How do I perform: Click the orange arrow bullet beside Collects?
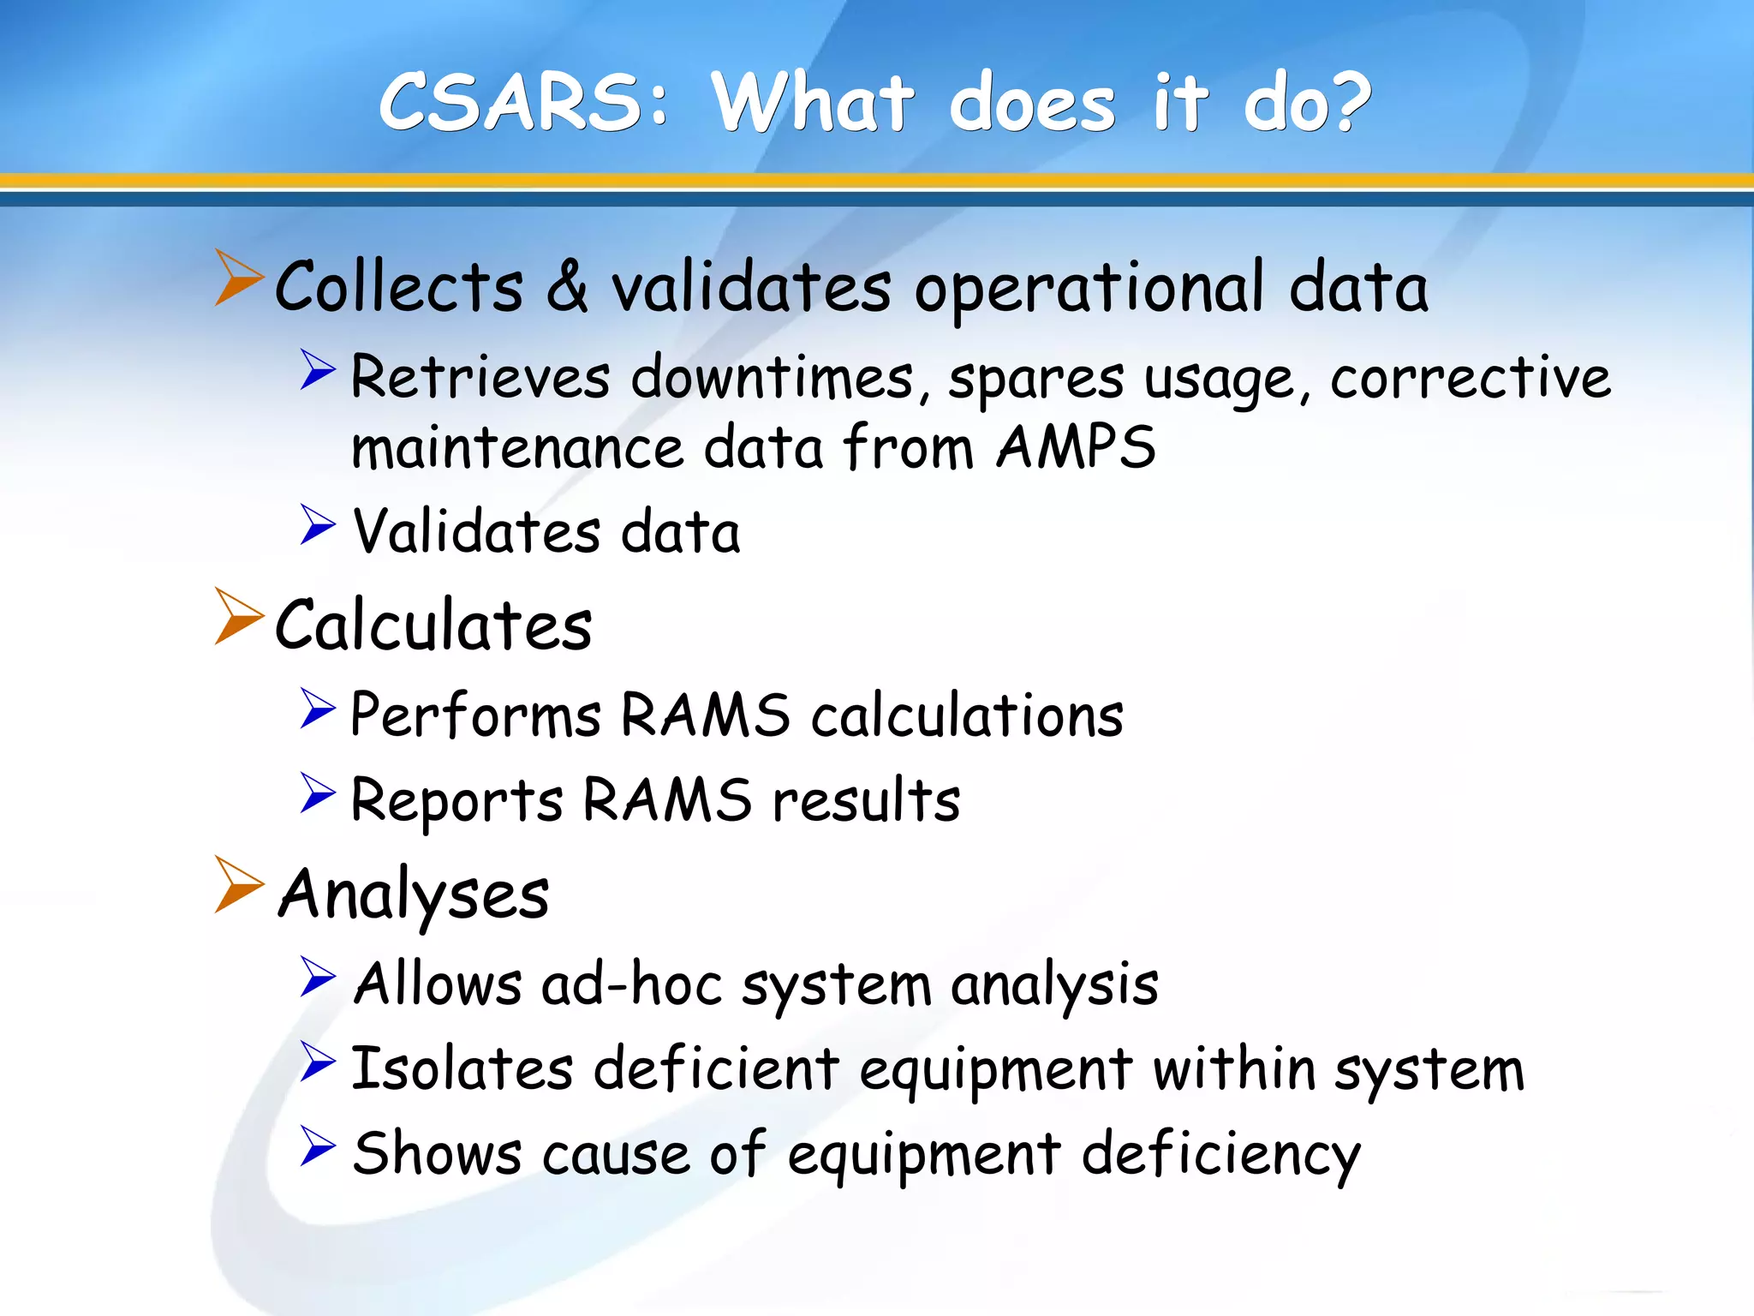(238, 278)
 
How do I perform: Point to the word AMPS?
(1076, 447)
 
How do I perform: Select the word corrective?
(1470, 377)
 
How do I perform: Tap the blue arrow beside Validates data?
(318, 524)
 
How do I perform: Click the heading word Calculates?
(433, 625)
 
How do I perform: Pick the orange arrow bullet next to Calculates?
(238, 616)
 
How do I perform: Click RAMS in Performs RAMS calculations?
(704, 715)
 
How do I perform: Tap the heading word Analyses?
(415, 894)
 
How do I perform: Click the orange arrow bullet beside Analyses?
(238, 884)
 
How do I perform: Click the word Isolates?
(462, 1069)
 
